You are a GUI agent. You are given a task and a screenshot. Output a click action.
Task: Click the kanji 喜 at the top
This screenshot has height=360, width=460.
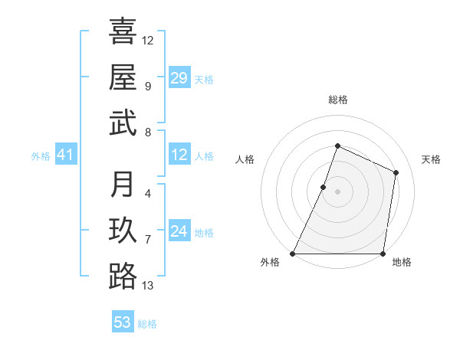tap(123, 32)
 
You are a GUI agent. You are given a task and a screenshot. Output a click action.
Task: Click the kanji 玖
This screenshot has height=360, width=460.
tap(123, 231)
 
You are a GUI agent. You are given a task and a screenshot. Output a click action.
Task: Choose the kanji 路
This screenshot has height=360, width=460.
tap(123, 276)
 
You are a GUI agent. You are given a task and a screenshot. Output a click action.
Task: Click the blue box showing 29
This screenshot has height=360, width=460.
tap(179, 78)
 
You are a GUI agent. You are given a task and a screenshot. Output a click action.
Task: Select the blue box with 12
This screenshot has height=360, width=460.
tap(179, 155)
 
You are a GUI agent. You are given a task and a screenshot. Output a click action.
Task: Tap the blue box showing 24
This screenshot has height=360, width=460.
tap(179, 231)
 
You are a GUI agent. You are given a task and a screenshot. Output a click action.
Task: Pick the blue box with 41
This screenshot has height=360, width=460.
tap(65, 155)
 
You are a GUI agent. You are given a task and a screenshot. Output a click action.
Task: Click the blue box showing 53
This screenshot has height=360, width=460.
tap(123, 322)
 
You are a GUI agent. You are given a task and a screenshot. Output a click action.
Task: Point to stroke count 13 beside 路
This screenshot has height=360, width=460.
tap(148, 286)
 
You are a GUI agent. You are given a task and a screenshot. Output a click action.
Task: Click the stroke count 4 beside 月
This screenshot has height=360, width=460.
tap(147, 193)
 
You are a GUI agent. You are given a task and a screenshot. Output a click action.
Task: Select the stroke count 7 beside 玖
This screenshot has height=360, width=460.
tap(147, 240)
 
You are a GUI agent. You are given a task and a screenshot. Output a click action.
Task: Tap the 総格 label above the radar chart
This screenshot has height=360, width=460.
tap(337, 100)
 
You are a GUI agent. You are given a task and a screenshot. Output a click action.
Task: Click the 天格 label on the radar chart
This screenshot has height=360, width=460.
tap(431, 159)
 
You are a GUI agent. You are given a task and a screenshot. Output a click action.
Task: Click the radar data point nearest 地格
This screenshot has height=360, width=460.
tap(383, 254)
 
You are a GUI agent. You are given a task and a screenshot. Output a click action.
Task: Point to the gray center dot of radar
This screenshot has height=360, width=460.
tap(337, 191)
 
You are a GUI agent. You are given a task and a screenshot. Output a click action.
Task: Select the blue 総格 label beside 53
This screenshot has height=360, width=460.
tap(147, 324)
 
